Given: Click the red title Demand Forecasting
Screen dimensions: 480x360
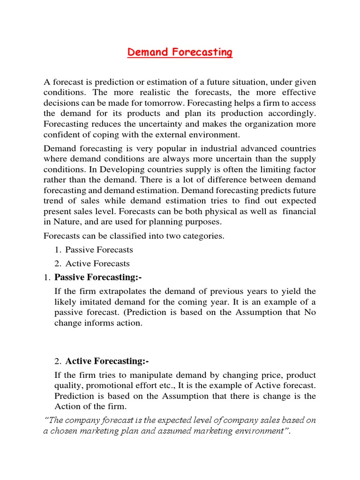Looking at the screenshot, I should pos(180,52).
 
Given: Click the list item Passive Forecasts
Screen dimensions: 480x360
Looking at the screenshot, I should pos(99,250).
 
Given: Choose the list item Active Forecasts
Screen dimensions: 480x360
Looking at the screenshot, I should pos(97,263).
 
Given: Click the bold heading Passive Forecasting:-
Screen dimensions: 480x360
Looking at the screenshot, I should pos(98,277).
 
